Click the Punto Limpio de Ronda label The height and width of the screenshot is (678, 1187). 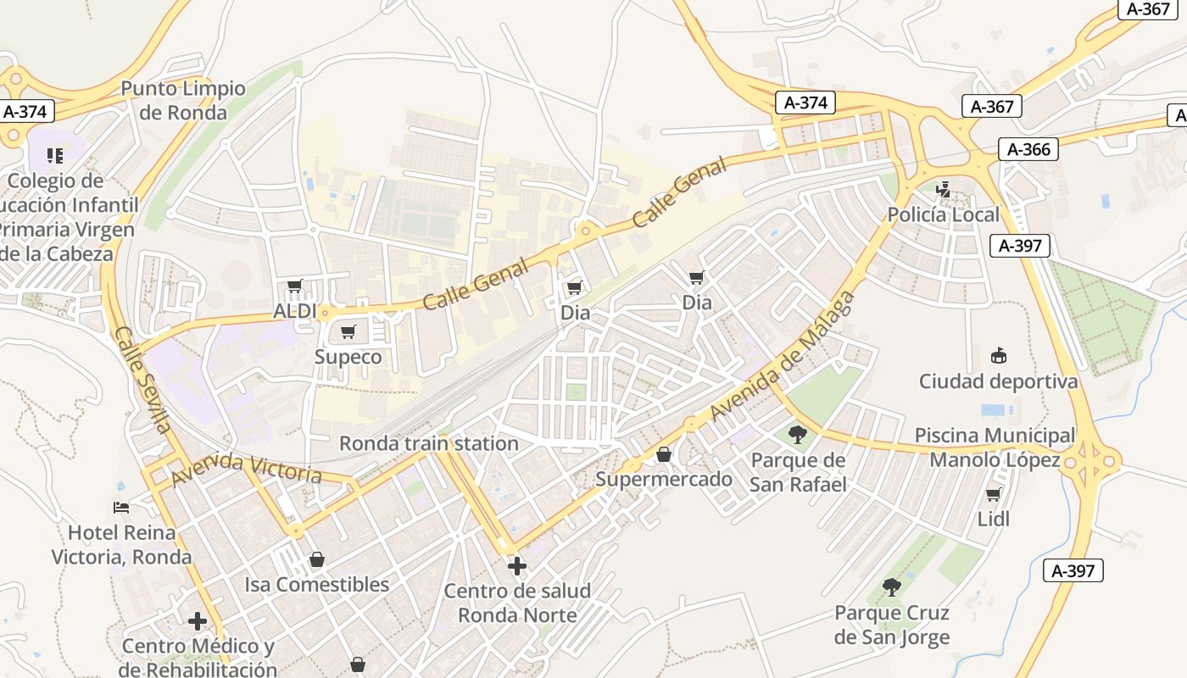pos(183,100)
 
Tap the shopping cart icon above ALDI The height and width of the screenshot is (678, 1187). pos(294,286)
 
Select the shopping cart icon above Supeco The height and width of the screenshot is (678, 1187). pos(348,332)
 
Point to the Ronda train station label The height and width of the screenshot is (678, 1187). pos(428,443)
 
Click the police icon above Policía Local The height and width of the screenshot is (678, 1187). pos(943,189)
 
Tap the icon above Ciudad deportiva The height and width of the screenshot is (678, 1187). pos(998,356)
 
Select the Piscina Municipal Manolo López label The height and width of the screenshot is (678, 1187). pos(995,447)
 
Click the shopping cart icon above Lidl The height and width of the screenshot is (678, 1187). pos(993,494)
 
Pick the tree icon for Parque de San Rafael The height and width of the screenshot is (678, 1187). pos(797,436)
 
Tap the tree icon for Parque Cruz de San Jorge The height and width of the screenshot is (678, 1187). pos(891,587)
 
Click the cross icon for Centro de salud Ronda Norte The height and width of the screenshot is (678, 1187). pos(516,565)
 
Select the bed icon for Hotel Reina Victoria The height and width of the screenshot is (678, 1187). pos(121,508)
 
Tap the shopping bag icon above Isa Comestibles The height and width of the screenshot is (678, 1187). pos(316,559)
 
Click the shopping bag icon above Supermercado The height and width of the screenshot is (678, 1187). pos(663,455)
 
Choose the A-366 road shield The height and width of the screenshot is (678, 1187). pos(1028,150)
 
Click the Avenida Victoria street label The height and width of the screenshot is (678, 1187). pos(246,469)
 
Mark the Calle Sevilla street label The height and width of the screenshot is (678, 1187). pos(142,379)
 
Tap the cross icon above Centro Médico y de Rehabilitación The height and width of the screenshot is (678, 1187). pos(198,621)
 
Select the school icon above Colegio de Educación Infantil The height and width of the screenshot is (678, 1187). pos(55,155)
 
